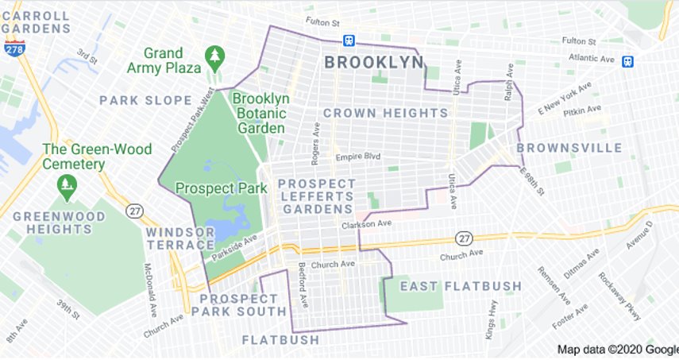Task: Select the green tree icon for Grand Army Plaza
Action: [214, 55]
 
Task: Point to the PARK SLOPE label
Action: [145, 100]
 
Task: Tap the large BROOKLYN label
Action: [373, 62]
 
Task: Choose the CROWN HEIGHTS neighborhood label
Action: [385, 113]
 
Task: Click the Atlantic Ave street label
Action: [592, 57]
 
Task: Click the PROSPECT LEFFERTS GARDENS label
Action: [315, 195]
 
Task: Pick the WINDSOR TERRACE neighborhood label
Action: [179, 238]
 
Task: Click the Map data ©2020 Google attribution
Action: [617, 350]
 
